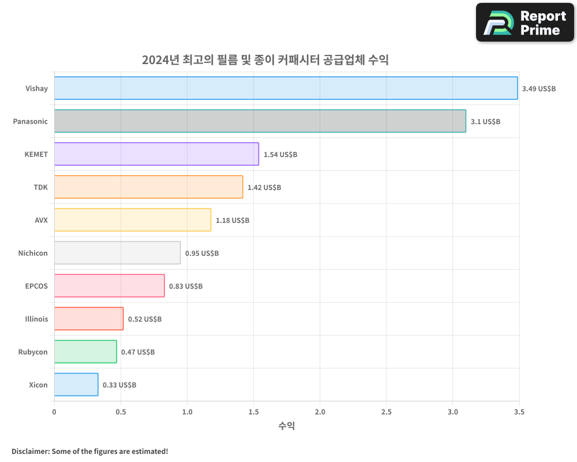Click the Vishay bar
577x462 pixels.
(x=286, y=88)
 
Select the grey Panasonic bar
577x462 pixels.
(x=260, y=121)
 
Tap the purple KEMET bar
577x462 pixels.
(x=156, y=154)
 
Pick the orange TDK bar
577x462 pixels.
(x=148, y=187)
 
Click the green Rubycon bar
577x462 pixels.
(x=85, y=352)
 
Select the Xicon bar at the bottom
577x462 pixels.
(x=76, y=385)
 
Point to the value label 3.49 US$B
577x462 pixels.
(x=538, y=89)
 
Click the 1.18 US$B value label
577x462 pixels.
(x=233, y=221)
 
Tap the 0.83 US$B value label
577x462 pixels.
(x=186, y=286)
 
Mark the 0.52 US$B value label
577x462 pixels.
(x=145, y=319)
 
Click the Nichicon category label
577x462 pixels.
(x=33, y=253)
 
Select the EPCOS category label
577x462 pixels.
(x=37, y=286)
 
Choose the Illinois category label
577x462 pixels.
(x=36, y=319)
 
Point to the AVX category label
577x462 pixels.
(x=41, y=220)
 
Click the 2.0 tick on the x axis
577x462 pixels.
(x=320, y=412)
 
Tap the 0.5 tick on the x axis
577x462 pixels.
(x=121, y=412)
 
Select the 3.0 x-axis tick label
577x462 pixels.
(x=453, y=412)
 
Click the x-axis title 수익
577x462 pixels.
(x=287, y=426)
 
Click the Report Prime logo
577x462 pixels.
(x=525, y=23)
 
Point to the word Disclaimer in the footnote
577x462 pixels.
(x=29, y=451)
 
